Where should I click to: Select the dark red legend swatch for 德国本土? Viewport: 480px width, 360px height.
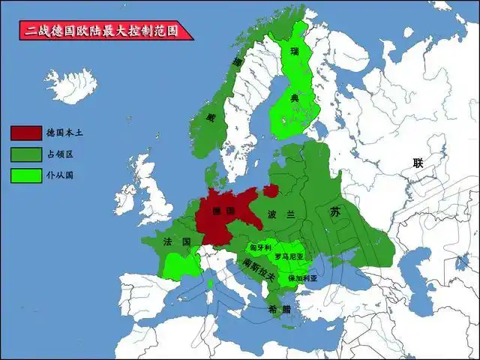point(26,133)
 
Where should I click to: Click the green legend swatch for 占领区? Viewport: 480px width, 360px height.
point(26,155)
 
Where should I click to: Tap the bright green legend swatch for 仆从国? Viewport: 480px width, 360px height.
point(26,177)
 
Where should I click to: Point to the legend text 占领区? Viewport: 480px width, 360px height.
point(60,155)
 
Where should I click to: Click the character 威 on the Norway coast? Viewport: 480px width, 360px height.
point(211,117)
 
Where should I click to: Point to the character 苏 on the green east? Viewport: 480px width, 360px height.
point(335,212)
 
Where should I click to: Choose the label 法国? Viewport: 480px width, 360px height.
point(177,241)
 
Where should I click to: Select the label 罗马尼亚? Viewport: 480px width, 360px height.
point(289,256)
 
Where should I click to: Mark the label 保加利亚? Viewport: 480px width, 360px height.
point(302,277)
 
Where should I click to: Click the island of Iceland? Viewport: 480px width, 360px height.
point(72,82)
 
